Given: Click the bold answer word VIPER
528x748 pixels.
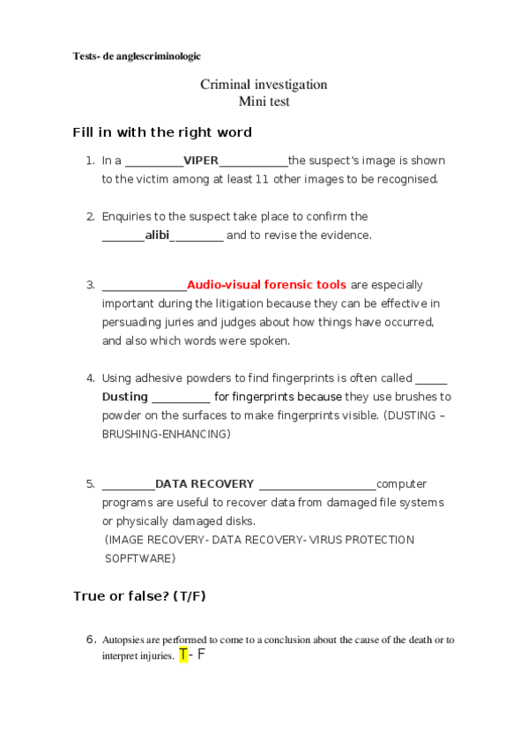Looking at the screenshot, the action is pyautogui.click(x=200, y=161).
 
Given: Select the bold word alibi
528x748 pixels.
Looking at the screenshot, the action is pyautogui.click(x=157, y=235).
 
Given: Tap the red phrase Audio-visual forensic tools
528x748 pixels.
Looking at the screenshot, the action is pyautogui.click(x=266, y=285).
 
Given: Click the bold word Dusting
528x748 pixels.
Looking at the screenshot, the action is pyautogui.click(x=124, y=397).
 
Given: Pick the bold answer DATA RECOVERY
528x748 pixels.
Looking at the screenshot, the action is pyautogui.click(x=205, y=483).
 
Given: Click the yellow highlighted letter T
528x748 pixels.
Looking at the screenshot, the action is pyautogui.click(x=183, y=654).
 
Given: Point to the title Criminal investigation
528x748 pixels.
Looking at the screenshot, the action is pyautogui.click(x=264, y=85).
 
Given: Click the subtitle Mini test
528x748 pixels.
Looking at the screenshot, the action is pyautogui.click(x=264, y=101).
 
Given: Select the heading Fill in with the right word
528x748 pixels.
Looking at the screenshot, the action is pyautogui.click(x=162, y=132).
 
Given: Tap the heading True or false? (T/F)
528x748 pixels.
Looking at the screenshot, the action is pyautogui.click(x=139, y=596).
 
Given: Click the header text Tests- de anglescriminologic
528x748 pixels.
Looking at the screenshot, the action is pyautogui.click(x=137, y=56).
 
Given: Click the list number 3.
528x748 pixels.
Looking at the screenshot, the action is pyautogui.click(x=90, y=285).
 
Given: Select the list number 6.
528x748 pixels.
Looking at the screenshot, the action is pyautogui.click(x=90, y=640).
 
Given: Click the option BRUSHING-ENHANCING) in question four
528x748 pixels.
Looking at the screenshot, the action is pyautogui.click(x=166, y=434).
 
